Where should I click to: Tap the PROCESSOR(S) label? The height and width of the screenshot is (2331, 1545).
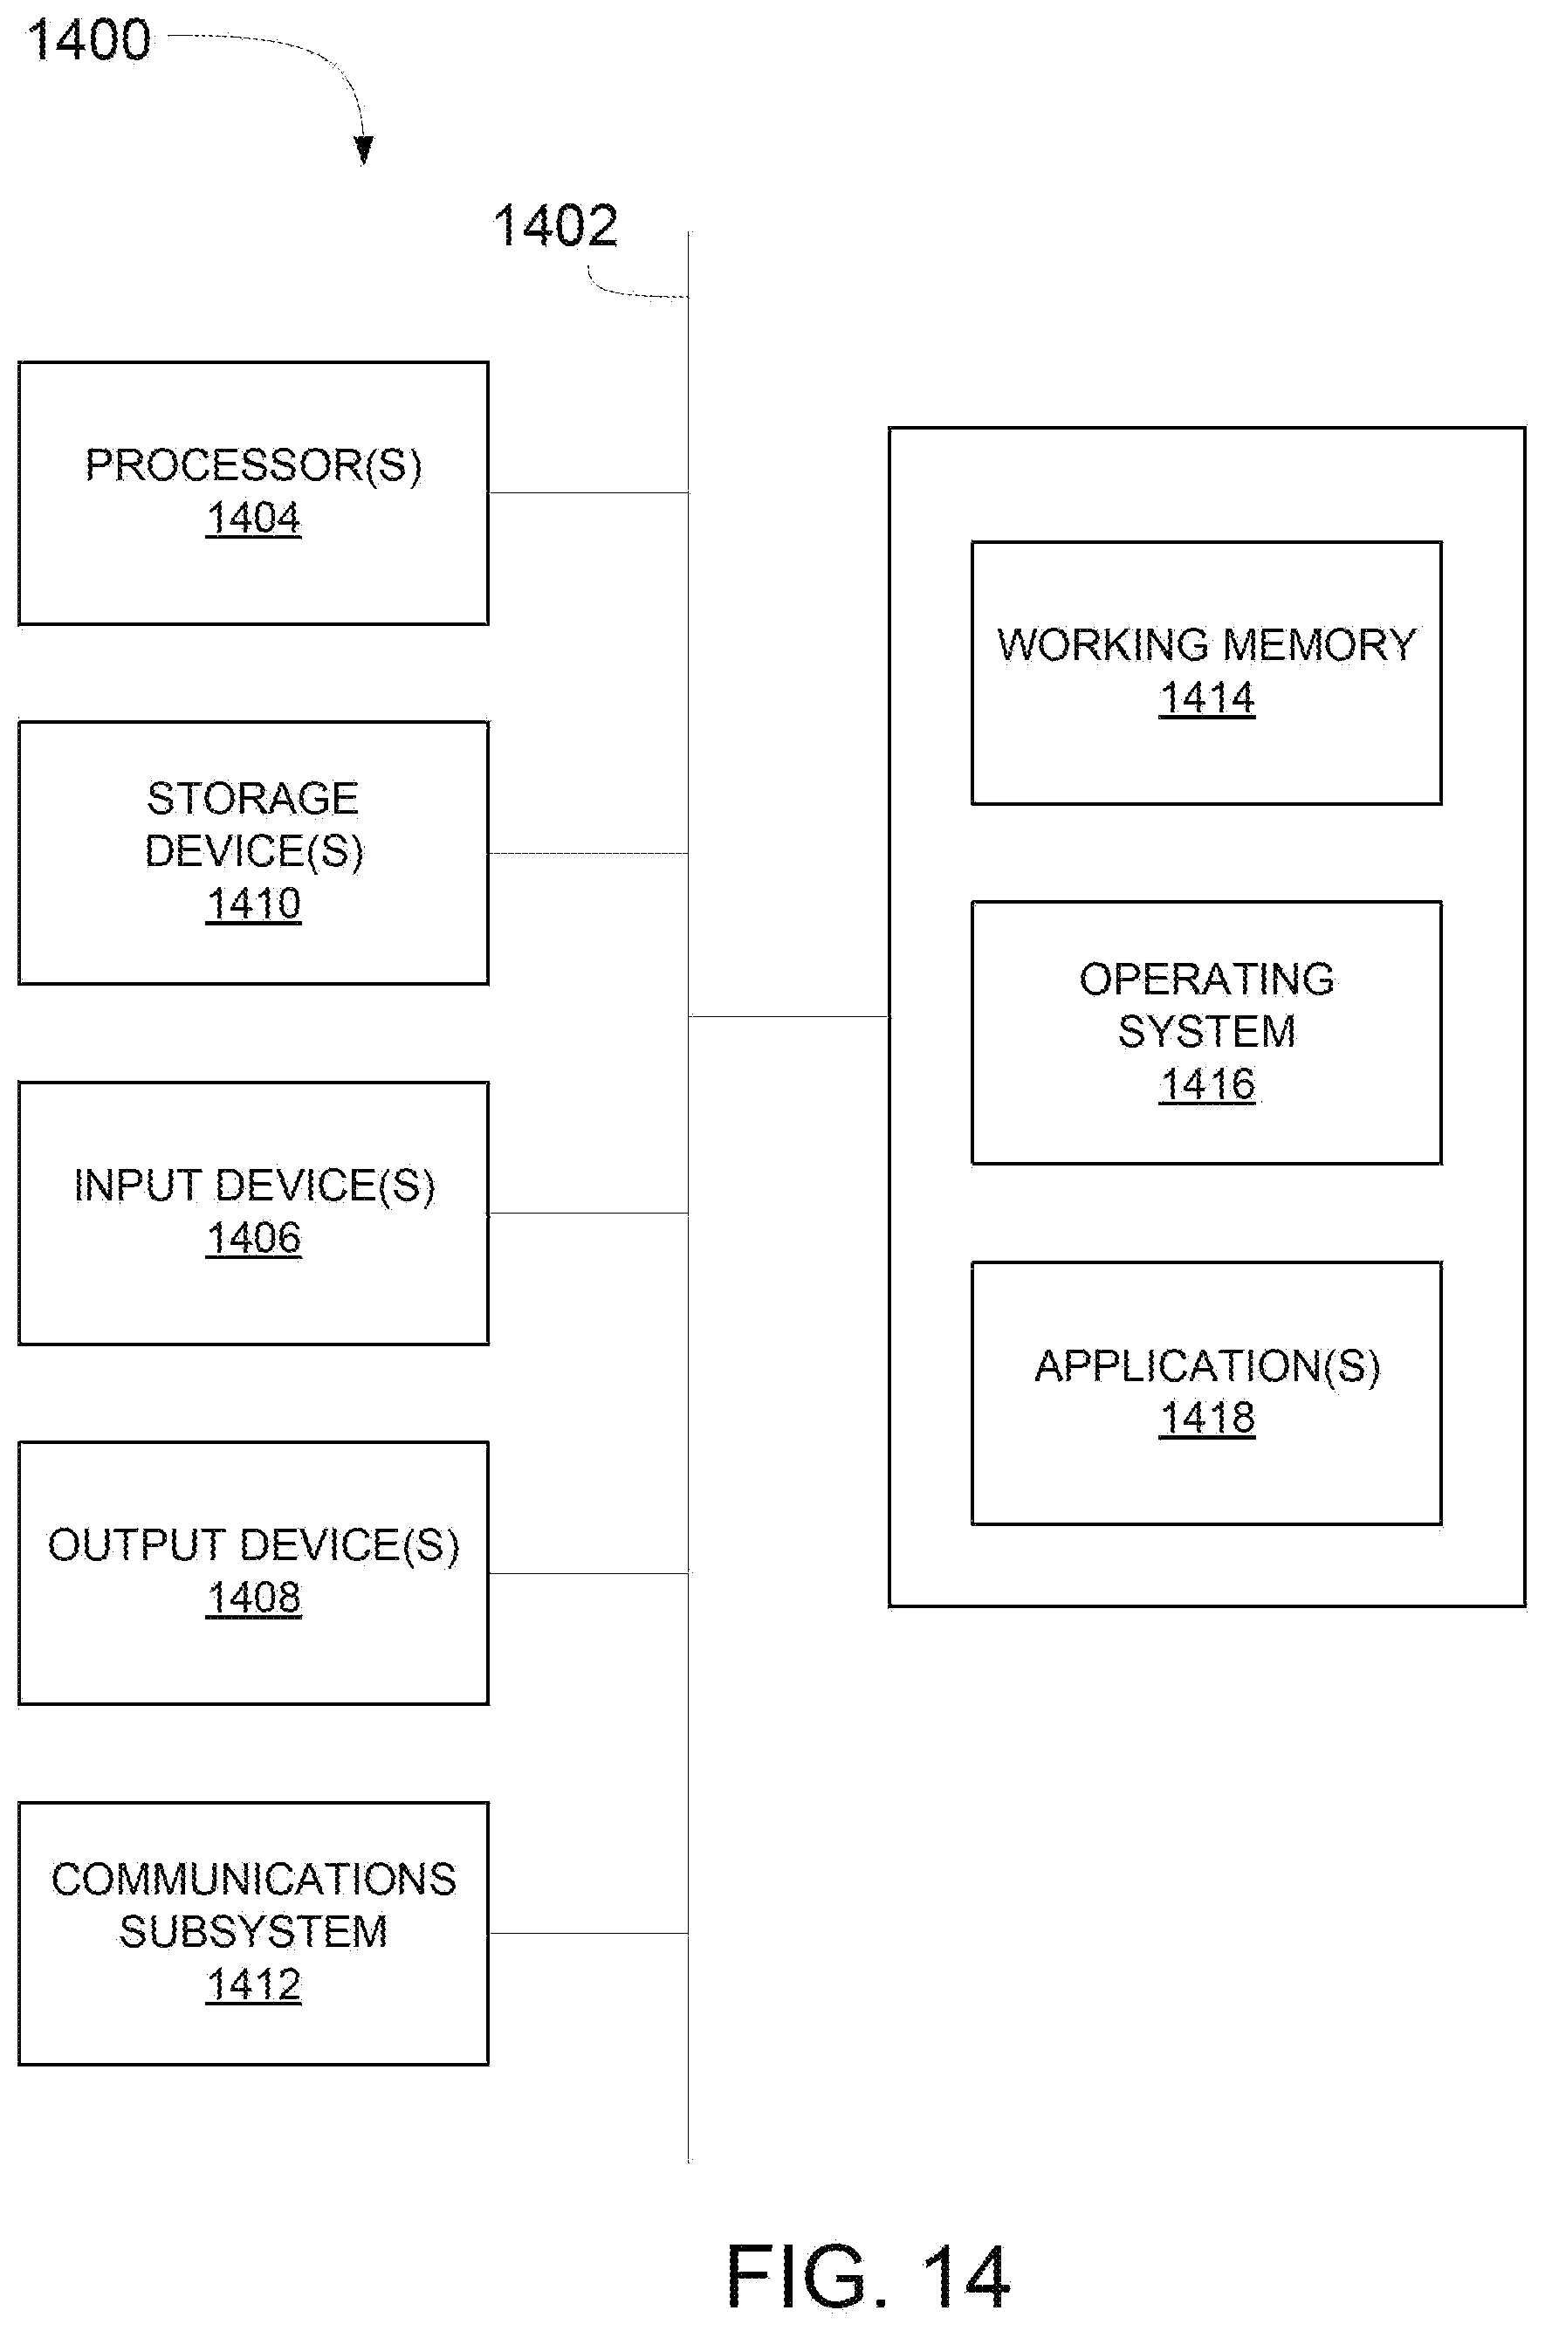(253, 465)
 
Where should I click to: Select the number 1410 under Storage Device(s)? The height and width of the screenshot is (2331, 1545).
(253, 904)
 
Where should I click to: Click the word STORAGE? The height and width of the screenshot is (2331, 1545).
(252, 798)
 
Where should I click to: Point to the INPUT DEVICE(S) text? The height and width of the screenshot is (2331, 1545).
(254, 1186)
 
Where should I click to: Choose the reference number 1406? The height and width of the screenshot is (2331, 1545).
(253, 1237)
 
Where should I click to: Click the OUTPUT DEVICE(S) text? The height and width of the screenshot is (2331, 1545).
(253, 1544)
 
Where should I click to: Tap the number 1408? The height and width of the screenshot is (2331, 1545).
(253, 1597)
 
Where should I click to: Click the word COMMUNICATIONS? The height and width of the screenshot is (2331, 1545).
(253, 1879)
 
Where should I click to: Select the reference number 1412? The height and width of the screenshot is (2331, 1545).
(253, 1984)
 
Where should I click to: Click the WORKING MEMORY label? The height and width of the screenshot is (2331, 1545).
(1206, 645)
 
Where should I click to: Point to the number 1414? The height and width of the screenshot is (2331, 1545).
(1206, 698)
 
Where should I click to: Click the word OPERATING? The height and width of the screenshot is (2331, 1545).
(1207, 980)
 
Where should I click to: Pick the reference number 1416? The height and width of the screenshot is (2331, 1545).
(1206, 1084)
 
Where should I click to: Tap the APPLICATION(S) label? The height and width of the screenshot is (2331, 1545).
(1207, 1365)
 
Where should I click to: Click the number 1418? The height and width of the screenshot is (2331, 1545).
(1206, 1418)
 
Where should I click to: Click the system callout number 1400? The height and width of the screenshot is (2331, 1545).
(89, 40)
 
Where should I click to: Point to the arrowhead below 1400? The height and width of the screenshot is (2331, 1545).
(364, 150)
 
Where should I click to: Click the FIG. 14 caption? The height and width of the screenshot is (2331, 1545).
(867, 2276)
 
